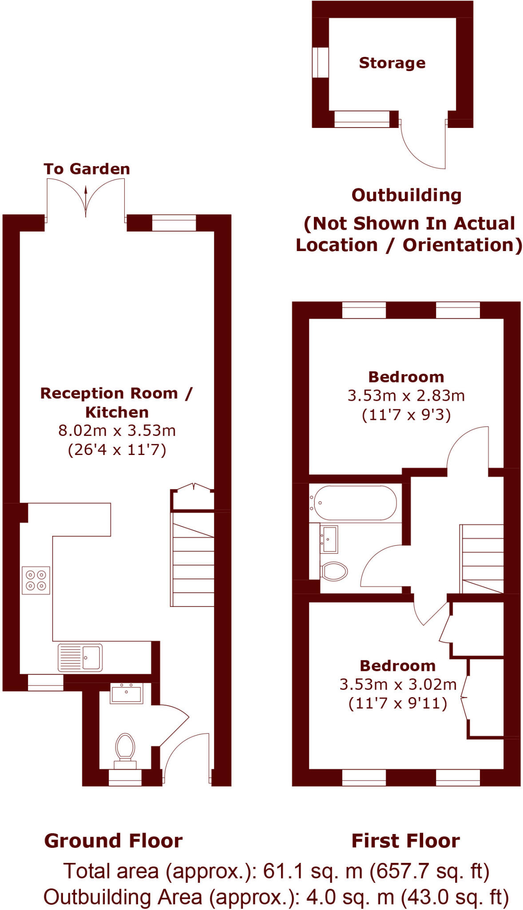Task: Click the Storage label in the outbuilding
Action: [x=392, y=63]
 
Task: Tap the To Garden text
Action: [x=87, y=169]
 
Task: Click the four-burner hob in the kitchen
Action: [x=36, y=580]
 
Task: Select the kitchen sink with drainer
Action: [x=80, y=657]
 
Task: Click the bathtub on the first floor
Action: [x=353, y=503]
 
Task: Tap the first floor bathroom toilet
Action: [x=334, y=571]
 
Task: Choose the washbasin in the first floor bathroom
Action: [x=329, y=539]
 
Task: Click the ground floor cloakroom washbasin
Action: [x=127, y=693]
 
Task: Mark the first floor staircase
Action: [x=482, y=559]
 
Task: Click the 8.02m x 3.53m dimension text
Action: [x=117, y=431]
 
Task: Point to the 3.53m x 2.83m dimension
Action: [x=406, y=395]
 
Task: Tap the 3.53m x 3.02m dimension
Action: [x=398, y=684]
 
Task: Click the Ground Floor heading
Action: [x=113, y=841]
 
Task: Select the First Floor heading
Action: [x=405, y=841]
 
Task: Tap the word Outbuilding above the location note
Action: [x=406, y=196]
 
